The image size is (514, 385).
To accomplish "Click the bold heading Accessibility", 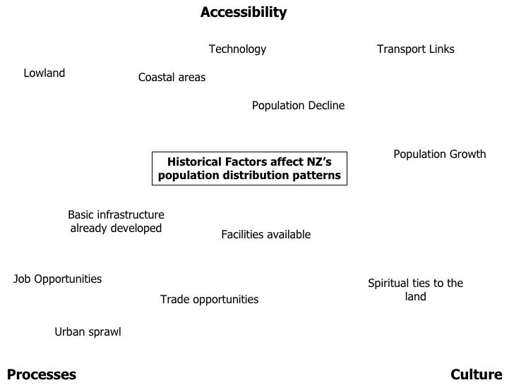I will [244, 13].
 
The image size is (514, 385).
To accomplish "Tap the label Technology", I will [237, 49].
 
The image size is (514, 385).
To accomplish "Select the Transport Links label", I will [415, 49].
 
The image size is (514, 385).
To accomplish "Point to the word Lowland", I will [44, 73].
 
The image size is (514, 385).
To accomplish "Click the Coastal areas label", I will [172, 78].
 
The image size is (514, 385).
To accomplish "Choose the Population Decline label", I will [298, 106].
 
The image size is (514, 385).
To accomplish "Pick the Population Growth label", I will [439, 154].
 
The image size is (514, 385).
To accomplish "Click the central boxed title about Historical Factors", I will [249, 169].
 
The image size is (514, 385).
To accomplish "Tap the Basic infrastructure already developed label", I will [116, 221].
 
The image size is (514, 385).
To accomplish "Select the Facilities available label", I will [265, 235].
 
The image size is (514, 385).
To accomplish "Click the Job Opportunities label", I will [57, 279].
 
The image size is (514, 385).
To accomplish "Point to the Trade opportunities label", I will [209, 300].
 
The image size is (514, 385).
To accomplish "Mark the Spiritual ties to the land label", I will [415, 290].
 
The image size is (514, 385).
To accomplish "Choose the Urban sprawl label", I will [88, 332].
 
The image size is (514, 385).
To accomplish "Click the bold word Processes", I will [41, 374].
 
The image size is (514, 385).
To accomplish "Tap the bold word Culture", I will [476, 374].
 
